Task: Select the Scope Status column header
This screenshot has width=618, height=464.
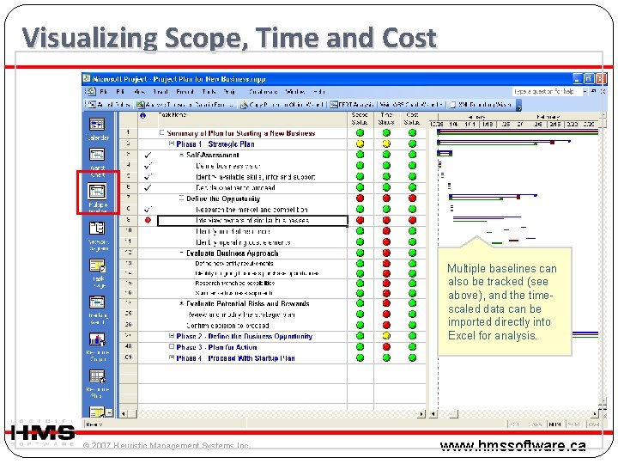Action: click(360, 118)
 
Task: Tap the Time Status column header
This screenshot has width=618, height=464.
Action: click(386, 118)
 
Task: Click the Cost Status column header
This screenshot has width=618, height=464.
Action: click(412, 118)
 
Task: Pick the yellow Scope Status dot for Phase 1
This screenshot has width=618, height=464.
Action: click(360, 144)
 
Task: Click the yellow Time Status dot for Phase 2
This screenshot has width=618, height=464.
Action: click(386, 336)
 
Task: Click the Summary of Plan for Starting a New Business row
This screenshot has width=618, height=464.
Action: click(241, 133)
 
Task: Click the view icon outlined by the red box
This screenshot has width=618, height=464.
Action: click(97, 192)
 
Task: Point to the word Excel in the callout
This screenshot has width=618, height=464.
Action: click(463, 335)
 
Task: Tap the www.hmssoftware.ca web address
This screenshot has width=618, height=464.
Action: click(512, 445)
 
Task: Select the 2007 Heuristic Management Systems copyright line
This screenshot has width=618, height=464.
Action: click(167, 446)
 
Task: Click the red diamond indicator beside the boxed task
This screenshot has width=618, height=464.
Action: click(148, 219)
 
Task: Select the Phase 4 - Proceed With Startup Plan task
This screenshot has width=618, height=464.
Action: click(235, 358)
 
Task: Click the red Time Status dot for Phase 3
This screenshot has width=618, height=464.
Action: click(386, 347)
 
